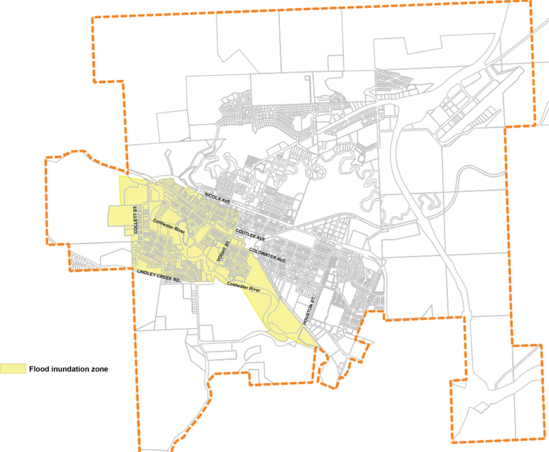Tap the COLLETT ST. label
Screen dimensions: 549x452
tap(136, 221)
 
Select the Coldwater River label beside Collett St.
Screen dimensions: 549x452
tap(169, 226)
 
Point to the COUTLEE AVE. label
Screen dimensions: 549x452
tap(252, 235)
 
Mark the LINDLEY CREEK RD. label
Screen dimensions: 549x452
tap(159, 276)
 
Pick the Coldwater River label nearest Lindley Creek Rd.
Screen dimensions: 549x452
tap(244, 287)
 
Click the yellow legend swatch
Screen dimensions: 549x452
tap(13, 369)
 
